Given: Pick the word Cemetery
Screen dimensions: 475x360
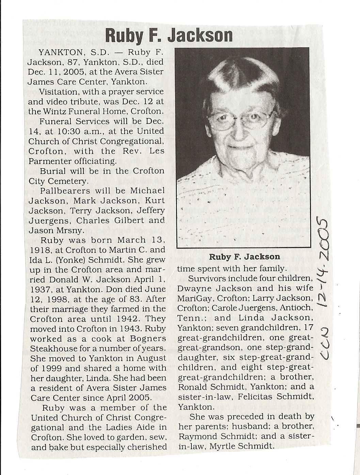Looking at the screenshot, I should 63,181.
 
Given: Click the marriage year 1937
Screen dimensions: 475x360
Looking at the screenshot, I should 39,290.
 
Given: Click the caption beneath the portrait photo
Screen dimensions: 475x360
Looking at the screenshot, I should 244,257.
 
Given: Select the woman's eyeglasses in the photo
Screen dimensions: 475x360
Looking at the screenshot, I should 241,120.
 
